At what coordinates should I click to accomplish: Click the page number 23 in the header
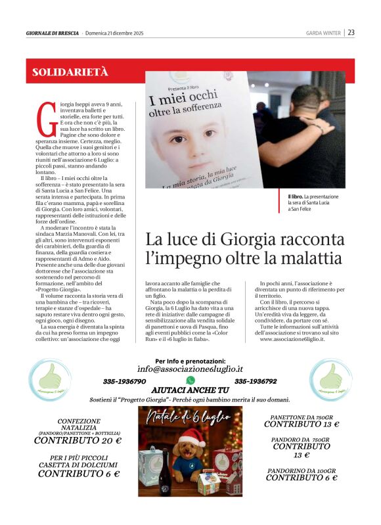351,32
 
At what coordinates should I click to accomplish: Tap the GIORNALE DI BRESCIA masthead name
53,33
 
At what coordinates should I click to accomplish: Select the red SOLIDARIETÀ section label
70,72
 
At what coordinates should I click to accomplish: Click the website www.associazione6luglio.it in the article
292,338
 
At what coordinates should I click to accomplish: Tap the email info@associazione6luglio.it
190,369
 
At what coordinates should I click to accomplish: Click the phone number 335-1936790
125,381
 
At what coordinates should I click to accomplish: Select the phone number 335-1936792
256,381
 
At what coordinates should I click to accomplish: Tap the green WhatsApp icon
190,380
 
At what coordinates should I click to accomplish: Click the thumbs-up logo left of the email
51,379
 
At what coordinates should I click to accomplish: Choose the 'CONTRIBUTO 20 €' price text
78,440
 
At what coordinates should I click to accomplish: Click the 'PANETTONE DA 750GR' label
302,417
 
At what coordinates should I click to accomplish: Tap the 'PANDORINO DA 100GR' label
302,470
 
